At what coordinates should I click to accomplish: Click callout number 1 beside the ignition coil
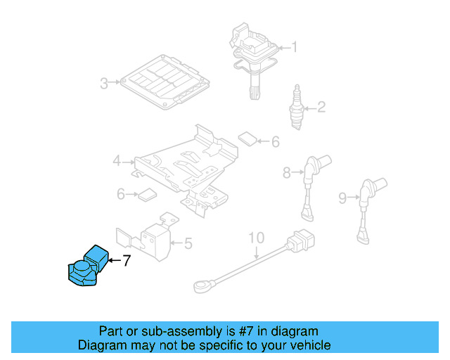295,48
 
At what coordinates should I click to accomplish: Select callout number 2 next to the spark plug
321,108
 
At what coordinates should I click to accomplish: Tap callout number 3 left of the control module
104,84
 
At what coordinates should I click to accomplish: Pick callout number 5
188,244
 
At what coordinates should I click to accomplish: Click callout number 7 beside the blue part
127,261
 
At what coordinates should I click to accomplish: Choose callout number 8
287,172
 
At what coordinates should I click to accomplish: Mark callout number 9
342,198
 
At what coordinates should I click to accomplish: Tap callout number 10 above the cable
255,236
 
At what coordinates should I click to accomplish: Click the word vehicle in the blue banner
307,345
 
